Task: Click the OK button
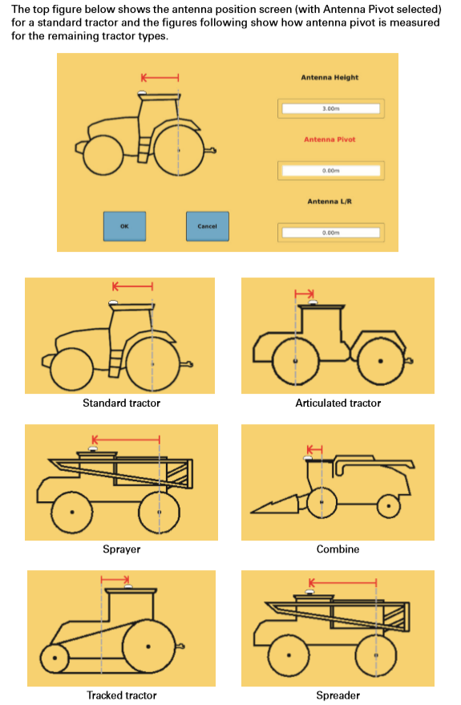124,226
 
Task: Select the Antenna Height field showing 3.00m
330,108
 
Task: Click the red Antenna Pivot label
330,140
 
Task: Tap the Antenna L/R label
330,201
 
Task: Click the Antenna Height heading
330,77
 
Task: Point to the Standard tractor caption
121,403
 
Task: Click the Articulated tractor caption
338,403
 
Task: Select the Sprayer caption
121,549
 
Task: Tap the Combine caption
338,549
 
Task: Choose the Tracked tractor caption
121,695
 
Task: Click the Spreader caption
338,695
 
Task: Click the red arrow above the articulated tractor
304,294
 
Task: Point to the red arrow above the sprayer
126,440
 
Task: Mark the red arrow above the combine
314,449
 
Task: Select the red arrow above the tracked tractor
115,579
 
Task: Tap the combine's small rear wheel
388,506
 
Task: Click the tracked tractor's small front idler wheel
55,658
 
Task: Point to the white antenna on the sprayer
94,449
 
